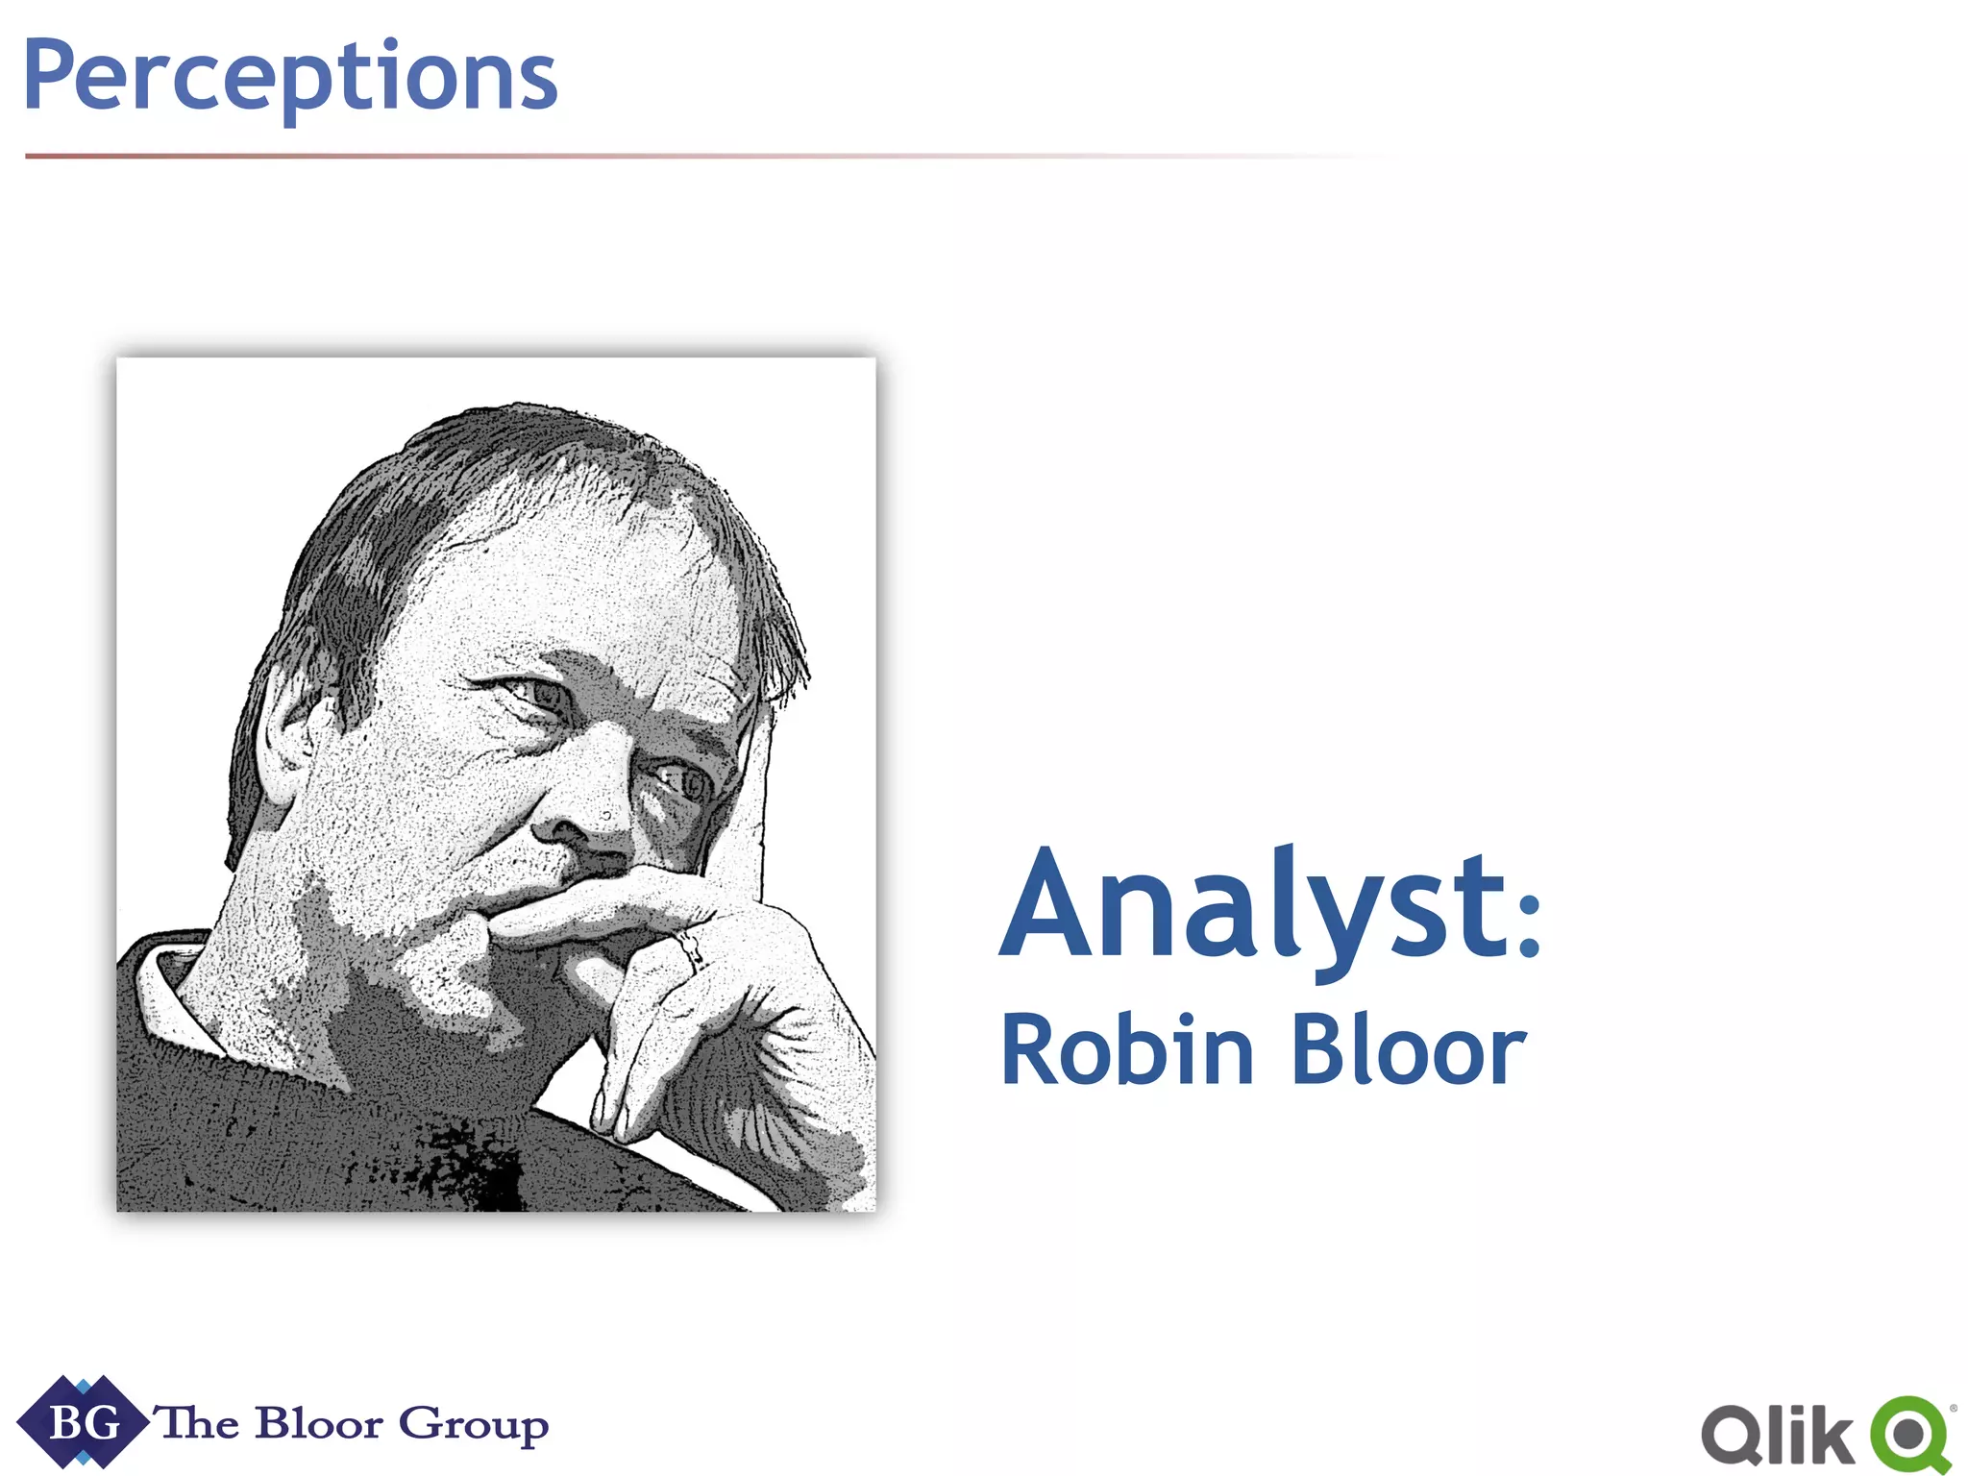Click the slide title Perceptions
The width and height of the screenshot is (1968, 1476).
click(x=290, y=77)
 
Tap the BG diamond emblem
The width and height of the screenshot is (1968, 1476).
click(x=84, y=1421)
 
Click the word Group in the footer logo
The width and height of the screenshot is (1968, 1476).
click(x=473, y=1425)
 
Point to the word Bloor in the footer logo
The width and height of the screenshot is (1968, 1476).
click(x=319, y=1423)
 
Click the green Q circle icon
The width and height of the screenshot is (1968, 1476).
click(x=1910, y=1435)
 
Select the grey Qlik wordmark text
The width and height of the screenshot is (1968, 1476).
click(x=1778, y=1437)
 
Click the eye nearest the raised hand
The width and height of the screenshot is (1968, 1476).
click(x=684, y=782)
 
